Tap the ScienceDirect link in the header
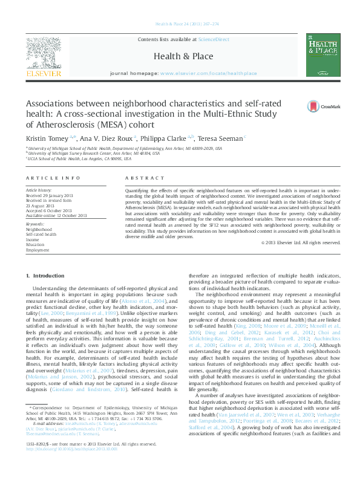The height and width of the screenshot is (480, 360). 214,39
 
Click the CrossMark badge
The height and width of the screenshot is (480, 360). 315,106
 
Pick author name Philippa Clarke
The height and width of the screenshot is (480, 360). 165,138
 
